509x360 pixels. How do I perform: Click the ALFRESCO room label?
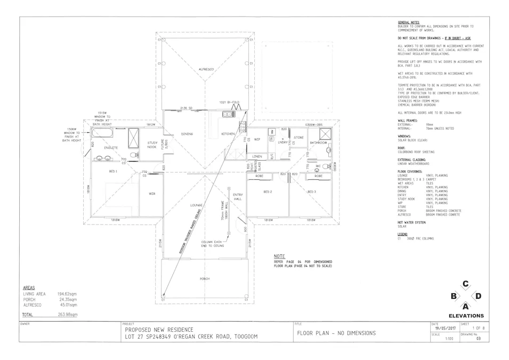coord(206,69)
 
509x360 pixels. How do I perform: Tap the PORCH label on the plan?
coord(205,278)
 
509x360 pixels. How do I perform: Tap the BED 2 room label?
coord(268,191)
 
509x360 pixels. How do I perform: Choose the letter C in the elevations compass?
coord(465,284)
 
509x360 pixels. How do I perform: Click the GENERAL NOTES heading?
coord(409,22)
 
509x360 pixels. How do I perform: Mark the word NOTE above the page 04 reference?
coord(279,256)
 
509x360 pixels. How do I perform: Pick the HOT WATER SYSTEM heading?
coord(412,222)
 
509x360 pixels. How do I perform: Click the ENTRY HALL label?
coord(238,197)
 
